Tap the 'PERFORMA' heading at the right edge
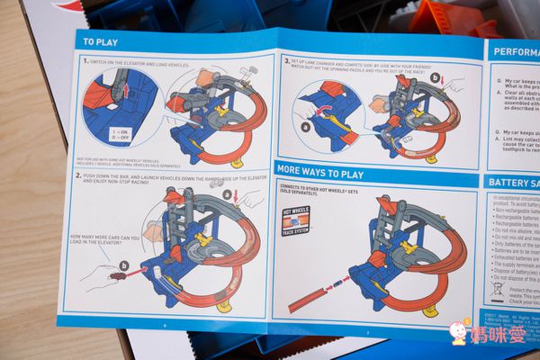pyautogui.click(x=514, y=52)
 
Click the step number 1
pyautogui.click(x=85, y=61)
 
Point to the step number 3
pyautogui.click(x=286, y=61)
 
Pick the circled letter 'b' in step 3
pyautogui.click(x=436, y=78)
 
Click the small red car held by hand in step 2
pyautogui.click(x=117, y=274)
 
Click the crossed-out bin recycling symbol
pyautogui.click(x=495, y=290)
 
